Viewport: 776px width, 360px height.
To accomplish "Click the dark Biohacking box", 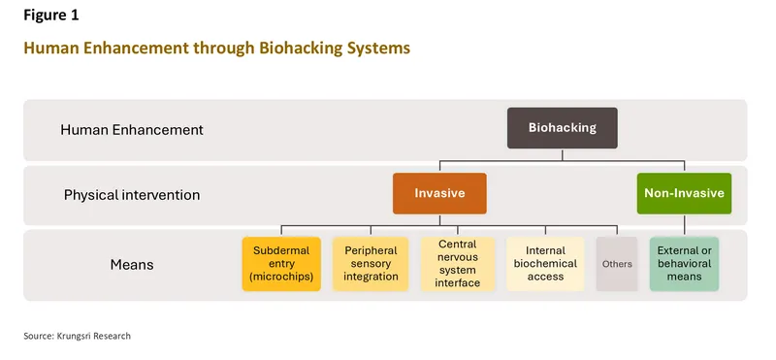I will (562, 128).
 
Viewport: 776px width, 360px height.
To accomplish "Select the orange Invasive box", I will (439, 193).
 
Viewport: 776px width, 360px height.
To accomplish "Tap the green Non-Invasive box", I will (684, 193).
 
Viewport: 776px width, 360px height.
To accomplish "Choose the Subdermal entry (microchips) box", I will (280, 263).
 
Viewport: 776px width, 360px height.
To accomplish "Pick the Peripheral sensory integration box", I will (371, 263).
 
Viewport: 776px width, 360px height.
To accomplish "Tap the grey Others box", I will (617, 263).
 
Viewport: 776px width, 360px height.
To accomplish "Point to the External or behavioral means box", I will (685, 263).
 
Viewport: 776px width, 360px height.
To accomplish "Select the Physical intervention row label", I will (132, 195).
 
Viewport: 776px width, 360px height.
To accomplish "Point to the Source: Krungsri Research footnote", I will (77, 336).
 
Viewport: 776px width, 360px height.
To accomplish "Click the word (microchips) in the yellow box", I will (280, 278).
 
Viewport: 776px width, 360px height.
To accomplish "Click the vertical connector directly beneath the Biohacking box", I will (562, 154).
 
